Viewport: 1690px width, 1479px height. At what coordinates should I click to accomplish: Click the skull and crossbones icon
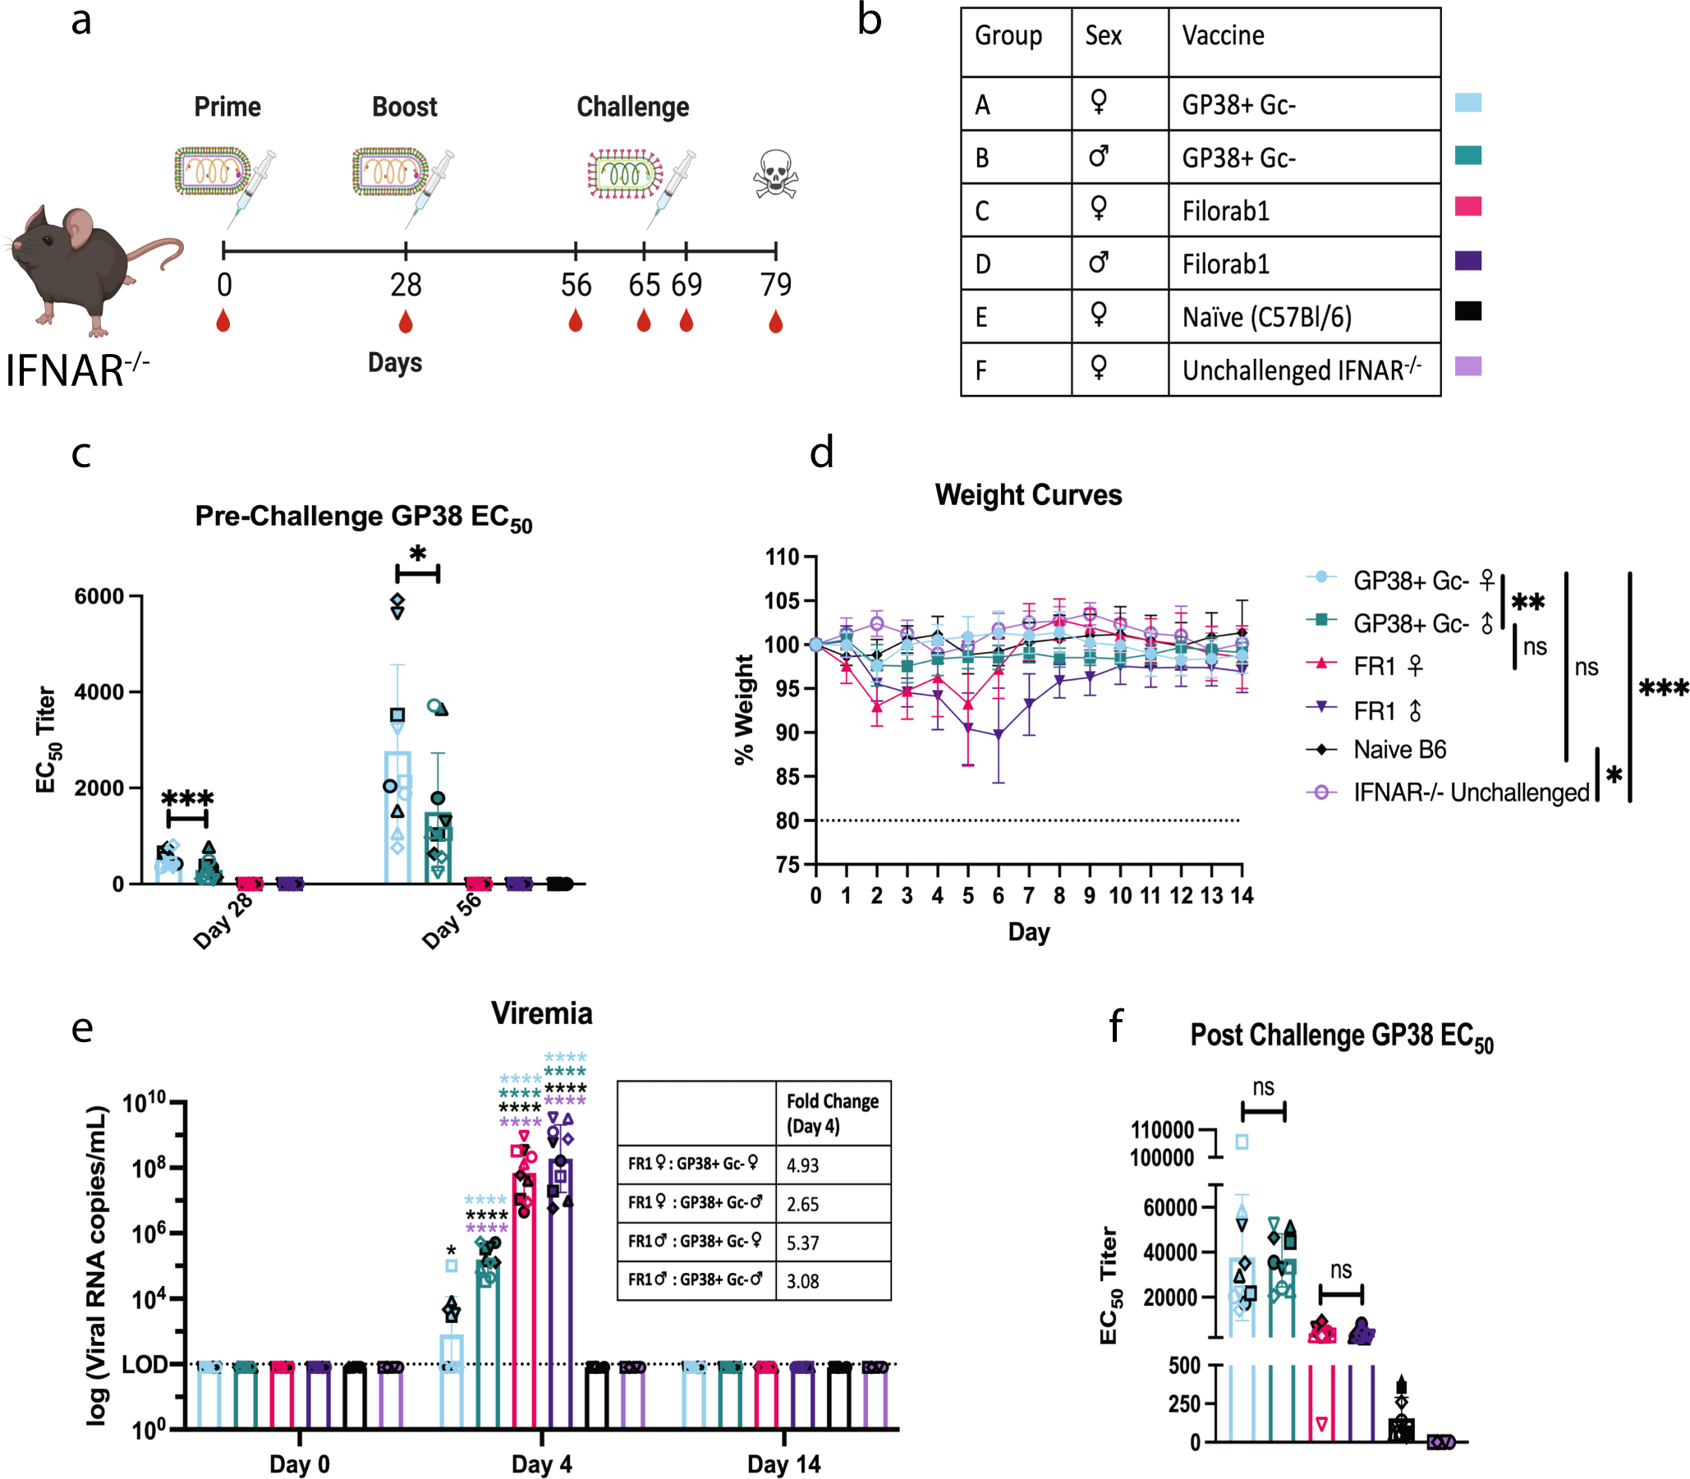click(775, 173)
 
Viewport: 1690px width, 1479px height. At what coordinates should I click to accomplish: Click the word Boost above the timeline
click(404, 107)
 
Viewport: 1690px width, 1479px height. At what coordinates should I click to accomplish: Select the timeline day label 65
click(644, 286)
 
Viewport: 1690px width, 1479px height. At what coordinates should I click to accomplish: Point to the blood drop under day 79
click(775, 322)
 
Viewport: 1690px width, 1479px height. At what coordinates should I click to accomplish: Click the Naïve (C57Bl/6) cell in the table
click(1266, 317)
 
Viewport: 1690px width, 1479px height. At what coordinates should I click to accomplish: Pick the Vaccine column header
click(1223, 35)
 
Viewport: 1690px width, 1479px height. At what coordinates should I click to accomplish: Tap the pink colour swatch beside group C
click(1467, 206)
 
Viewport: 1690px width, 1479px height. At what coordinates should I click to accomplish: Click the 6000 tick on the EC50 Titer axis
click(99, 597)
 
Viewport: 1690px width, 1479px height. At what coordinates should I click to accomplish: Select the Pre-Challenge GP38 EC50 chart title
click(363, 517)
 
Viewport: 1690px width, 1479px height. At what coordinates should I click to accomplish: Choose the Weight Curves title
click(1028, 495)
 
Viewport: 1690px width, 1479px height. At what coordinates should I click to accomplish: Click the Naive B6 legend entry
click(1399, 750)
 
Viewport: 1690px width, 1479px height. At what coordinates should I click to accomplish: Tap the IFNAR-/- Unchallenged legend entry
click(1471, 792)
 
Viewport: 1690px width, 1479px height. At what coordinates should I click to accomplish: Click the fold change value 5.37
click(802, 1243)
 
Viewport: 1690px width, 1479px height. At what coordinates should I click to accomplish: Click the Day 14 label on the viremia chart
click(783, 1464)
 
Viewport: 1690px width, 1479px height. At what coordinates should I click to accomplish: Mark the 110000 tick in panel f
click(1162, 1129)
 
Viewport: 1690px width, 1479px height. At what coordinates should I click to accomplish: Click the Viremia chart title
click(541, 1013)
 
